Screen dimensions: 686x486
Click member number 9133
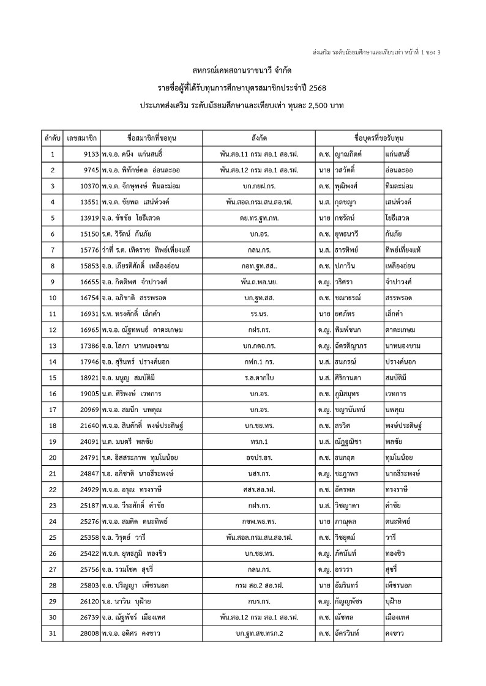(89, 153)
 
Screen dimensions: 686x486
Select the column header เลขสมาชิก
(82, 137)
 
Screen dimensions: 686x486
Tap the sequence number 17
(53, 409)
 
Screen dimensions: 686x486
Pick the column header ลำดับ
(53, 137)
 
